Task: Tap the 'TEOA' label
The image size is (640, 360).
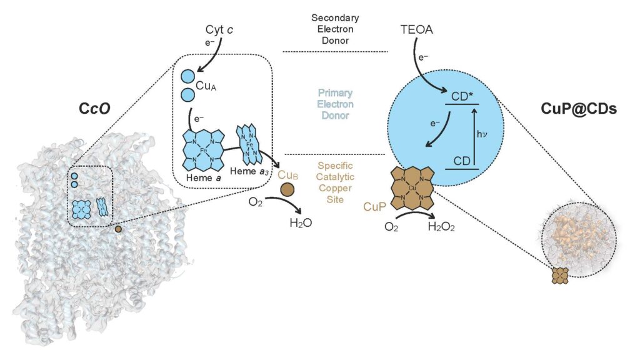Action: pyautogui.click(x=416, y=29)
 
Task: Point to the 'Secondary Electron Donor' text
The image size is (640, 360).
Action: pyautogui.click(x=335, y=29)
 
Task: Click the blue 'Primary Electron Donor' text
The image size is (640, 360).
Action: pyautogui.click(x=335, y=104)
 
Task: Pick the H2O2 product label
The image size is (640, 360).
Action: pyautogui.click(x=441, y=227)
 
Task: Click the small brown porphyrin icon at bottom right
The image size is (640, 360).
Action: pyautogui.click(x=560, y=275)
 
